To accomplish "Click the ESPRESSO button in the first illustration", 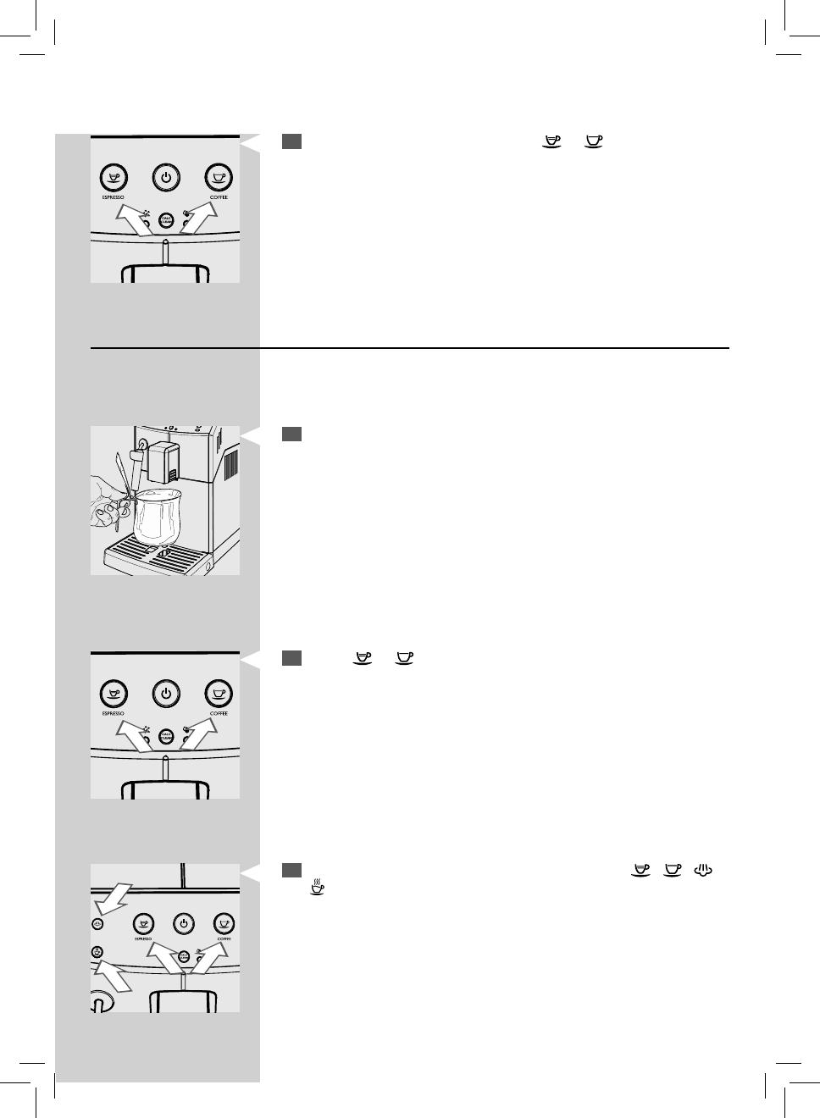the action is tap(114, 177).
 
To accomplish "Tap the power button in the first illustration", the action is tap(166, 177).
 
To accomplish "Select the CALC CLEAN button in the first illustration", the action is tap(166, 220).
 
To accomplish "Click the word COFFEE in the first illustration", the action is tap(219, 197).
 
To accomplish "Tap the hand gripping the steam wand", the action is tap(106, 504).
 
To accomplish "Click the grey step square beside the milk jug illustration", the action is tap(291, 434).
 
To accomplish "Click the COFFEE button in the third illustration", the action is tap(219, 693).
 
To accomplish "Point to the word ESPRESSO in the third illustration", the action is tap(114, 714).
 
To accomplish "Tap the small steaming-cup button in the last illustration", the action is tap(98, 953).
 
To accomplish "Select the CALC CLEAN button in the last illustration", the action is tap(183, 956).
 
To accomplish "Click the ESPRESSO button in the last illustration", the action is tap(144, 922).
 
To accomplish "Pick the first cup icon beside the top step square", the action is tap(553, 141).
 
